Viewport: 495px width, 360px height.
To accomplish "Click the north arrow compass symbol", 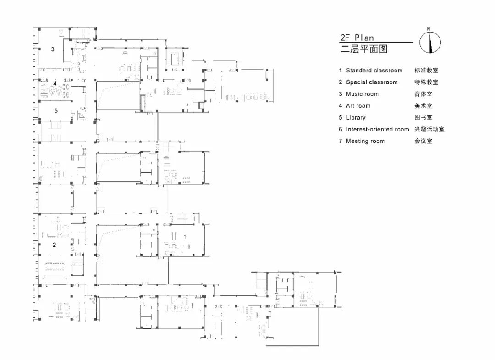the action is [x=430, y=43].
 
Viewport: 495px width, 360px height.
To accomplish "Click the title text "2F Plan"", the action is [x=357, y=38].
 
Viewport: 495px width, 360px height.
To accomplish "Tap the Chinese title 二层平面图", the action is [x=364, y=49].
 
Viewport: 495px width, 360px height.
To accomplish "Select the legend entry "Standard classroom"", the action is [x=374, y=71].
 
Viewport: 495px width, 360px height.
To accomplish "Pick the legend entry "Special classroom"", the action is [x=372, y=82].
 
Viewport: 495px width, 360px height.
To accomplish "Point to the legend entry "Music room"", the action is [x=362, y=94].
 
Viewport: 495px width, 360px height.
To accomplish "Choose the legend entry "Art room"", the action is [x=358, y=106].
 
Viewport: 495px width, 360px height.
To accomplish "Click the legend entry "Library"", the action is [x=356, y=118].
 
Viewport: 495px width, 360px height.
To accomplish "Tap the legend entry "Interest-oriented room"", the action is [x=377, y=129].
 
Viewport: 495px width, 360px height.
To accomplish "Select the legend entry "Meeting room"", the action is [x=365, y=141].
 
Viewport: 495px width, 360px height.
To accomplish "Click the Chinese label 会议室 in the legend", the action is [x=423, y=141].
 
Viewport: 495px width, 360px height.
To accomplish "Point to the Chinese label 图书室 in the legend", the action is [x=423, y=118].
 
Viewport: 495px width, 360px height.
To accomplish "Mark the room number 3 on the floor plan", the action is [x=53, y=49].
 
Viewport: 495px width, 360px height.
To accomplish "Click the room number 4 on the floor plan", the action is [x=55, y=83].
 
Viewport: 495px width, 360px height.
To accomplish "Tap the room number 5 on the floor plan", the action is [x=56, y=110].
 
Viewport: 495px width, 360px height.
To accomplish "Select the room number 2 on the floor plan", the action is [x=54, y=245].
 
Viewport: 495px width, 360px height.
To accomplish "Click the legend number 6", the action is [x=341, y=129].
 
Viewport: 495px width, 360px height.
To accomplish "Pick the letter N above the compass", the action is [x=429, y=29].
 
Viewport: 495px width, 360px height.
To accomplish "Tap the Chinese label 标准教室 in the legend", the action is [x=426, y=71].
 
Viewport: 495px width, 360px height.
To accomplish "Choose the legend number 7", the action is [x=341, y=141].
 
